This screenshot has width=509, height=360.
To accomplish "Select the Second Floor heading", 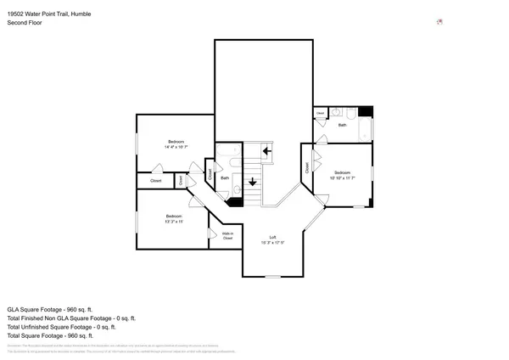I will point(23,23).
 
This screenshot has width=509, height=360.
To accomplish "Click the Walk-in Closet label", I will point(227,236).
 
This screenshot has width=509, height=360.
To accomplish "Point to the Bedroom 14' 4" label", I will point(176,143).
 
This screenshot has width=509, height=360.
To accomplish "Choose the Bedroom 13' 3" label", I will point(175,219).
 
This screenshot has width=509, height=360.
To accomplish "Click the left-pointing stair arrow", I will point(267,152).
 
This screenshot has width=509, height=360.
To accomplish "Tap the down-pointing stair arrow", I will point(252,181).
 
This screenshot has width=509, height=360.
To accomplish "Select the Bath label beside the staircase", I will point(225,178).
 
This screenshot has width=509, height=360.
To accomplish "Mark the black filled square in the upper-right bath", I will point(365,112).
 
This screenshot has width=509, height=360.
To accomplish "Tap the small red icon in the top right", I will point(439,22).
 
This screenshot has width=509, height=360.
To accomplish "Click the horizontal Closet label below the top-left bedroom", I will point(156,181).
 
